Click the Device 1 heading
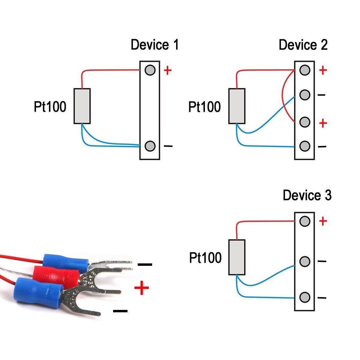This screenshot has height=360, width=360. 154,45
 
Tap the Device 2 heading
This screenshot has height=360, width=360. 303,45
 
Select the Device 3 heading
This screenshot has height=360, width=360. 307,195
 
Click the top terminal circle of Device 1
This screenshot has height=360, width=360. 150,70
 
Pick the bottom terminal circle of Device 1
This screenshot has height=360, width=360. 150,146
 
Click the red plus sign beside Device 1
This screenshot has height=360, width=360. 168,70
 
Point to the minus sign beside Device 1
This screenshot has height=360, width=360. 168,146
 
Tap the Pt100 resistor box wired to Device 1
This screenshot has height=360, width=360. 82,106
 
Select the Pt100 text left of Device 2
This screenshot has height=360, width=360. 204,107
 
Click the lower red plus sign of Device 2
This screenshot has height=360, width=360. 323,123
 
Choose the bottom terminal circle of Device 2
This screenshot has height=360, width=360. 304,146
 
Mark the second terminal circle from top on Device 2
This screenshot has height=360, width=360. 304,95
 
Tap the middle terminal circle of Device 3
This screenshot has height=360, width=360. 304,261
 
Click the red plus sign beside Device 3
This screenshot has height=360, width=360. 323,221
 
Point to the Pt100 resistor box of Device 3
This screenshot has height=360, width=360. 237,257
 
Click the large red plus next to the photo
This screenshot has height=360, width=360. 142,288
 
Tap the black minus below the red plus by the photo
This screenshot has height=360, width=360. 120,311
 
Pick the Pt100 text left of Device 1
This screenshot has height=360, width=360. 50,106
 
